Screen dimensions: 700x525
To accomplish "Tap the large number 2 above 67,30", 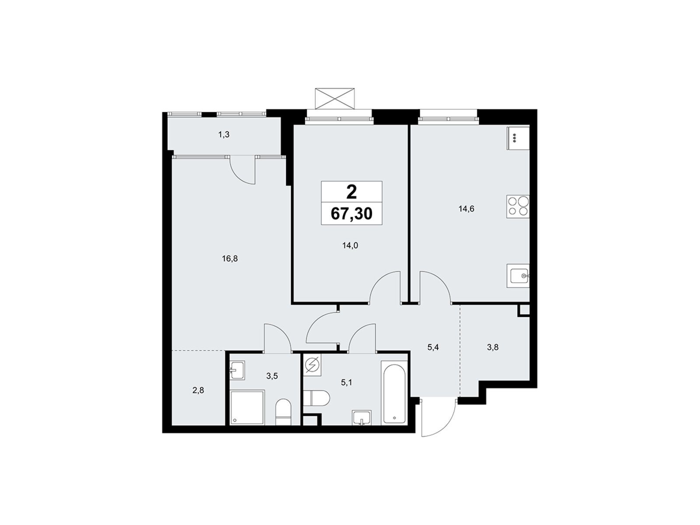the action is (x=351, y=192).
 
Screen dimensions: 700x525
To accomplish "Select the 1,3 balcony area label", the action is (x=224, y=134).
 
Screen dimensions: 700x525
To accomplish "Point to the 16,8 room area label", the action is (x=230, y=259).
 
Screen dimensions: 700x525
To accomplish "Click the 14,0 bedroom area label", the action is (x=350, y=245).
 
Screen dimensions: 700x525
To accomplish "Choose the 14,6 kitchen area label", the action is (x=466, y=209).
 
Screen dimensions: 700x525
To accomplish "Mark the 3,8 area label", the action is (x=492, y=347).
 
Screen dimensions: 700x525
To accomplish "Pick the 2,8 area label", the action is (x=198, y=390).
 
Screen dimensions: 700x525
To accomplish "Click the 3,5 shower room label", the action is (x=272, y=376).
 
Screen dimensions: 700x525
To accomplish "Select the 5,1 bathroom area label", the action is (x=346, y=382).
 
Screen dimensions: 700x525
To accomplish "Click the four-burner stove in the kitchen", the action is (x=518, y=206).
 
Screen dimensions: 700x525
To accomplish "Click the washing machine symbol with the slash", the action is (x=312, y=365).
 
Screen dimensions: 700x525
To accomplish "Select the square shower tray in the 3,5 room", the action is (x=248, y=408).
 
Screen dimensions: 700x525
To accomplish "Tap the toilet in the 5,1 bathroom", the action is (x=317, y=398).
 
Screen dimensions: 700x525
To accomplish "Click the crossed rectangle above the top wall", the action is (x=335, y=98).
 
